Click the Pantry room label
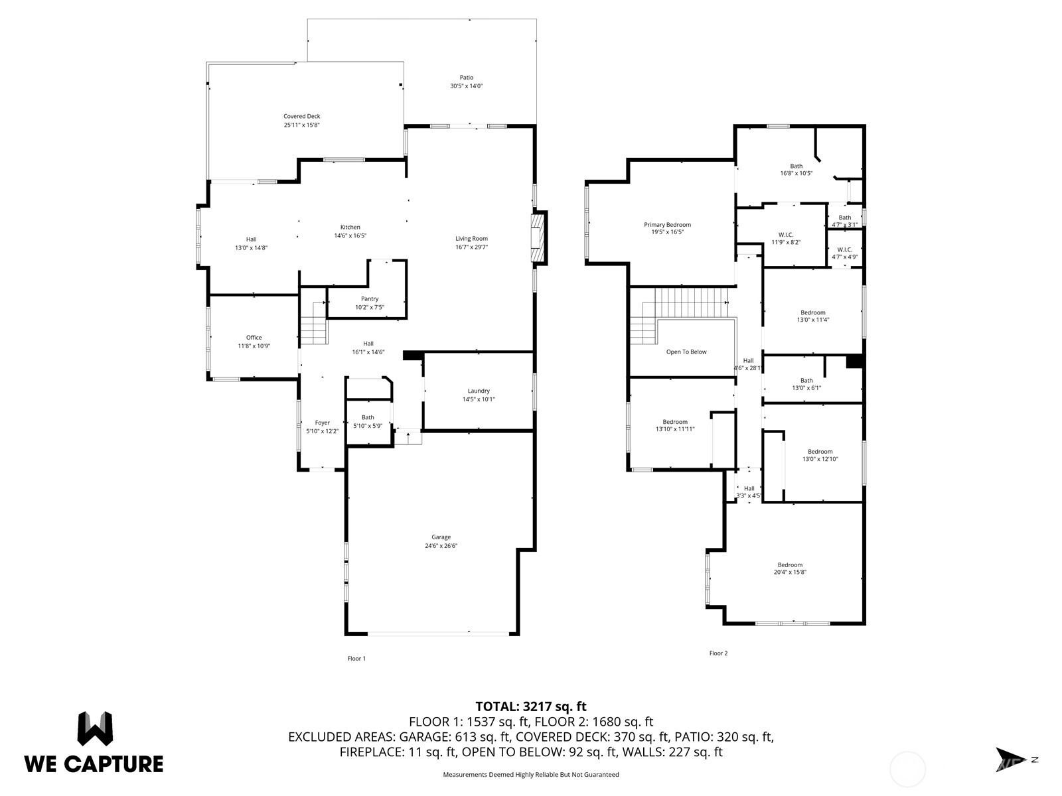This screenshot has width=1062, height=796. tap(370, 299)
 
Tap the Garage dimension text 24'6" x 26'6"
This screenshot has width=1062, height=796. tap(441, 546)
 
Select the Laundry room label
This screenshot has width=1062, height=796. tap(479, 391)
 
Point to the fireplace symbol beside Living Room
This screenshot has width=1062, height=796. tap(538, 237)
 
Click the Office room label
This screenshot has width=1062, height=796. tap(254, 338)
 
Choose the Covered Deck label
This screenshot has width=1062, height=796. tap(301, 117)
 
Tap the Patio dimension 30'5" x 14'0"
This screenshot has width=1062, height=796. tap(466, 86)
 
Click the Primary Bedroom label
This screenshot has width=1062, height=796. tap(667, 225)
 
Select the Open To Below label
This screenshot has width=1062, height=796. tap(686, 352)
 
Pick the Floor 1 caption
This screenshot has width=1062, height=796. tap(356, 659)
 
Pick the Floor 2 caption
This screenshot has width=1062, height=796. tap(718, 653)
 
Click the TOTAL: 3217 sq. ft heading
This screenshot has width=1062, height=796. tap(531, 706)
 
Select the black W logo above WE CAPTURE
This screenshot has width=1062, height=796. tap(95, 728)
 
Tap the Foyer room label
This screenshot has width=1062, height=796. tap(322, 423)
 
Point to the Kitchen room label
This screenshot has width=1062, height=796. tap(350, 228)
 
